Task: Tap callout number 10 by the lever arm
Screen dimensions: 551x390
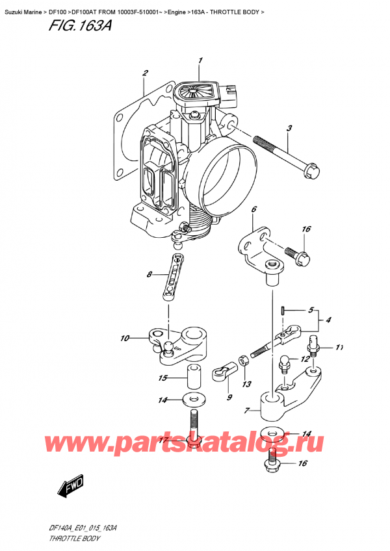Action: tap(125, 338)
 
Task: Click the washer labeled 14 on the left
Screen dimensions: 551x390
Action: tap(193, 398)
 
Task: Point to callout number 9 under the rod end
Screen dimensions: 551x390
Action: tap(229, 396)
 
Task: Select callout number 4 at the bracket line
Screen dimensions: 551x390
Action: tap(330, 320)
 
